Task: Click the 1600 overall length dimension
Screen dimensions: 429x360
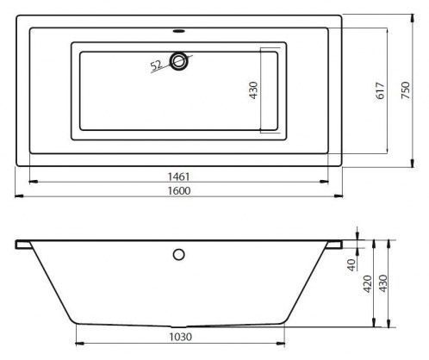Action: click(179, 190)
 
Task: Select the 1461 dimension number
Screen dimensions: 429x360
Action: click(178, 177)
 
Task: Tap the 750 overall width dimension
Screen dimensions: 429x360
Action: click(406, 90)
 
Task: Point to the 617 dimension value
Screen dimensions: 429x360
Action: click(380, 90)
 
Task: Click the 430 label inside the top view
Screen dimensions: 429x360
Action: click(254, 90)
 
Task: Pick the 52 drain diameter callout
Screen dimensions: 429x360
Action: click(156, 65)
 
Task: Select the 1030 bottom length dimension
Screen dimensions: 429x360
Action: click(180, 337)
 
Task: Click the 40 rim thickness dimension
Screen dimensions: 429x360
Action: click(351, 264)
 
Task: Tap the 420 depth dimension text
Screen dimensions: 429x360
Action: click(368, 283)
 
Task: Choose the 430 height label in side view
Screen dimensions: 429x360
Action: click(383, 283)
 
